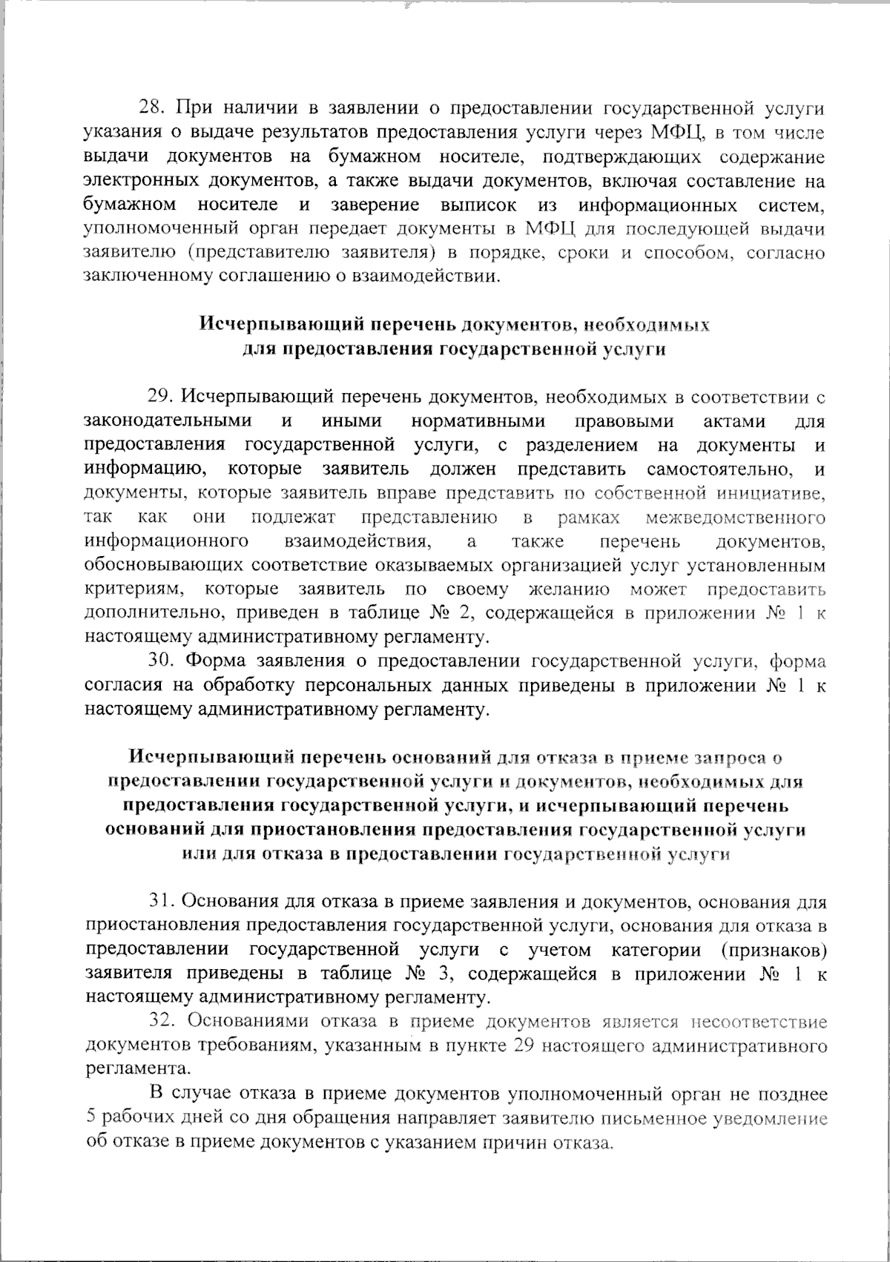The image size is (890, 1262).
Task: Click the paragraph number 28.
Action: (x=155, y=108)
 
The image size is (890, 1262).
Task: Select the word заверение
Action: (x=375, y=204)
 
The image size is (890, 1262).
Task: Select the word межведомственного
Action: (x=736, y=517)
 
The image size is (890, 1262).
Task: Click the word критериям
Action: (x=133, y=589)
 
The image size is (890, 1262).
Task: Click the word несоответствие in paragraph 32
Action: (x=759, y=1022)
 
